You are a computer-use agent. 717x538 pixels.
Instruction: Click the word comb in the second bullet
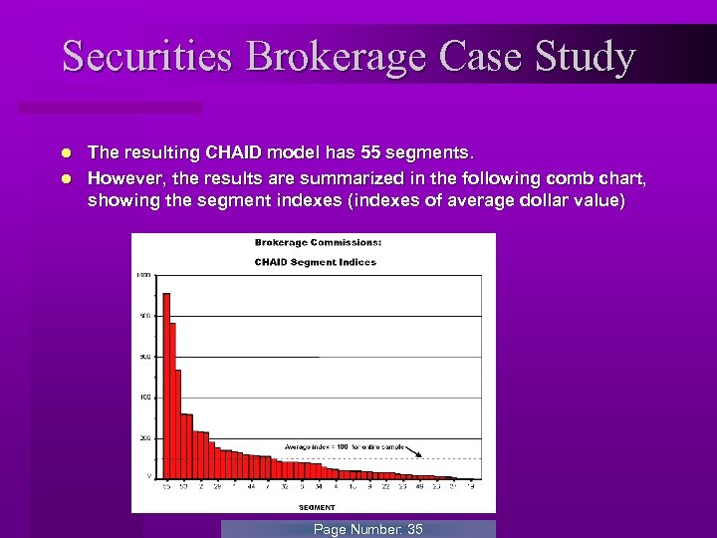(x=562, y=179)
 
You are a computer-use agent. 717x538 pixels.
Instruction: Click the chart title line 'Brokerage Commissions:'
(x=317, y=242)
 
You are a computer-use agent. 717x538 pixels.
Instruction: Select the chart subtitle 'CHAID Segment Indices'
(x=316, y=262)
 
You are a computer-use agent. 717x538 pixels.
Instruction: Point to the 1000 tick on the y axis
(x=144, y=275)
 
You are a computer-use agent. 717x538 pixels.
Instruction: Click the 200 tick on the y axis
(x=145, y=437)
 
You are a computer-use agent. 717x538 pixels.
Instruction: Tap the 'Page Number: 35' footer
(x=367, y=529)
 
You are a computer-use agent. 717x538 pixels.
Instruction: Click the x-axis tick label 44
(x=252, y=487)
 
